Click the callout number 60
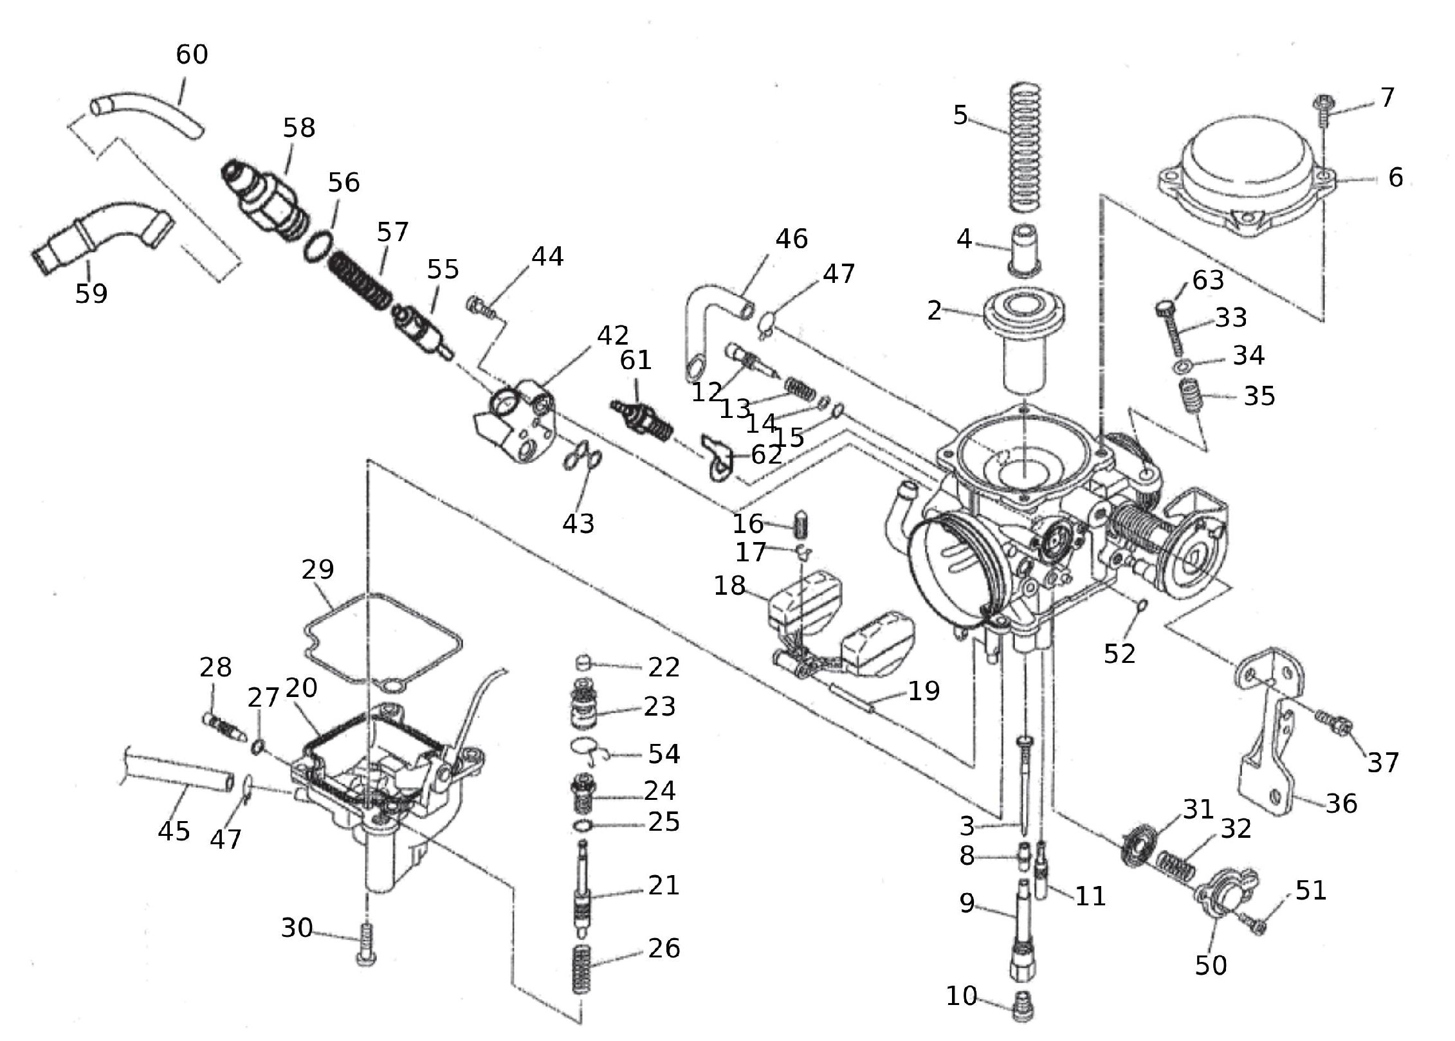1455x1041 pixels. [x=192, y=55]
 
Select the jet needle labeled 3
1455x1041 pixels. [x=1023, y=784]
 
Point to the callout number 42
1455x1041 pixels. [x=612, y=335]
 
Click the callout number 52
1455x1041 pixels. [x=1120, y=654]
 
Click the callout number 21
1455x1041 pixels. [x=664, y=885]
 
